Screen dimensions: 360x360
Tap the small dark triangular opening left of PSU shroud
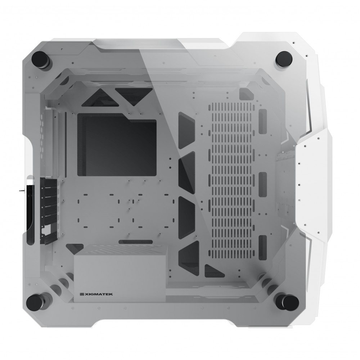click(x=74, y=248)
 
